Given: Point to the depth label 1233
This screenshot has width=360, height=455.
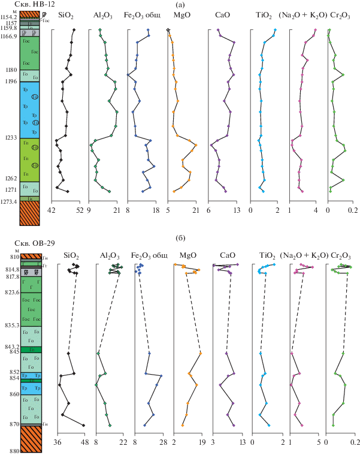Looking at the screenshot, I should pos(11,138).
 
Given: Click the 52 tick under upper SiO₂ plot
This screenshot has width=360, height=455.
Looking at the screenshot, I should pos(79,210).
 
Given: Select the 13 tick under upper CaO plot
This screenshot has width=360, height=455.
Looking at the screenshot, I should pos(236,210).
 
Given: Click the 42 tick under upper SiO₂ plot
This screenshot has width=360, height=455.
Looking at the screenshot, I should pos(52,210).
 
